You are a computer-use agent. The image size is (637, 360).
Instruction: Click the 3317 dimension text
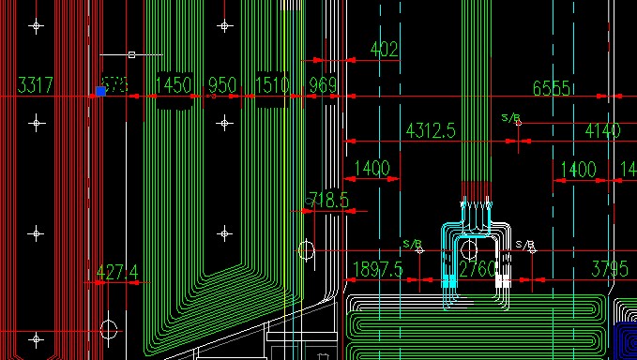pos(36,86)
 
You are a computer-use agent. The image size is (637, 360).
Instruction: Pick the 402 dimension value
pos(385,49)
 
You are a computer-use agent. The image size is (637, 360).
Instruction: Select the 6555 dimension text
pos(552,88)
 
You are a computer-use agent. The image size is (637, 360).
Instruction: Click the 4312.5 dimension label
pos(430,130)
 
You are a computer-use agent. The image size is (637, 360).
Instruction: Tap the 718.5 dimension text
pos(327,200)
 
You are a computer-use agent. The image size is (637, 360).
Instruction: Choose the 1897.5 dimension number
pos(376,270)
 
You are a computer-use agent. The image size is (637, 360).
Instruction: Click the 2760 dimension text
pos(478,270)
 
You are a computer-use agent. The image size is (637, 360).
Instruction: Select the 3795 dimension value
pos(609,270)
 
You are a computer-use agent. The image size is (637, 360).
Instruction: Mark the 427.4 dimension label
pos(116,273)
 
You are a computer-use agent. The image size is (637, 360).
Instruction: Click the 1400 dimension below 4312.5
pos(372,169)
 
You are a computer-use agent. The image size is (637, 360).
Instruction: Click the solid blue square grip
pos(100,91)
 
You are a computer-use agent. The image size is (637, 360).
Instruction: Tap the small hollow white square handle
pos(131,54)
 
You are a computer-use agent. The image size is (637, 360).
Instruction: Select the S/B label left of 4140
pos(510,118)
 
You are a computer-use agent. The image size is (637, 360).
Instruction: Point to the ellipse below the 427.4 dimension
pos(110,330)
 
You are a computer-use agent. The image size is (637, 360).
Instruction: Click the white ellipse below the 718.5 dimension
pos(306,249)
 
